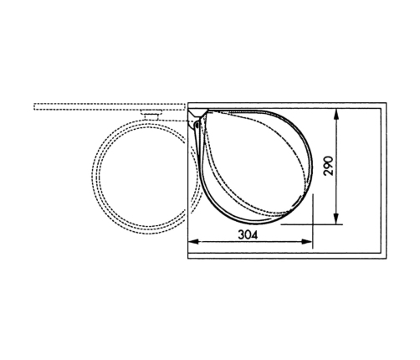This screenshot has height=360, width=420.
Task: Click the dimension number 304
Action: point(248,236)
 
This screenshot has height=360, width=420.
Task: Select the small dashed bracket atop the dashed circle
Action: point(152,113)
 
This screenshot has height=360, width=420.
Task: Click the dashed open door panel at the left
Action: point(109,107)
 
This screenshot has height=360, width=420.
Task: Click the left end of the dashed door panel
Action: point(35,107)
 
